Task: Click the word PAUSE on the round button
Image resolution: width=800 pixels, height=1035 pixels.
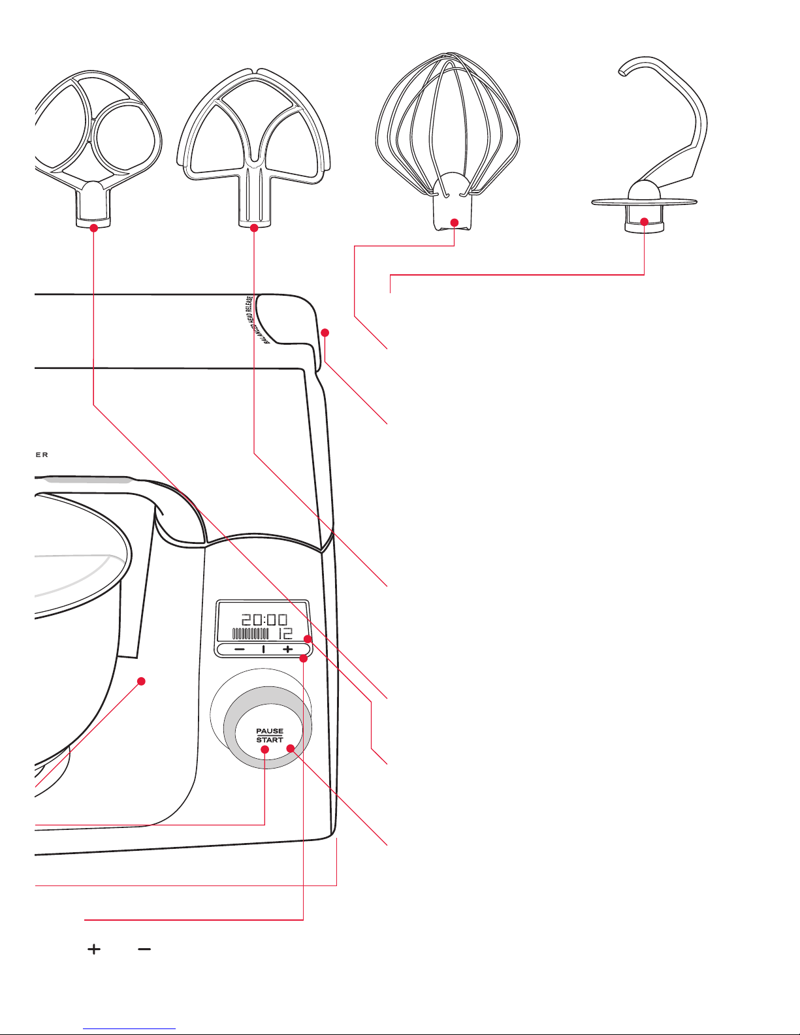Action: [270, 731]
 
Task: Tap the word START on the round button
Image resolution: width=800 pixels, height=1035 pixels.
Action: [270, 740]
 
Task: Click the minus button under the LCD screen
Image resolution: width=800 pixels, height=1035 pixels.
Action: [240, 650]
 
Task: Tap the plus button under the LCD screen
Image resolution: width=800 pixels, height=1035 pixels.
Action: [288, 650]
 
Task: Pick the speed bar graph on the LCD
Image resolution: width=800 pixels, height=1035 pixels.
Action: [251, 633]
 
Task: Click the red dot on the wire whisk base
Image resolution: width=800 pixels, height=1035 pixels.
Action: [455, 223]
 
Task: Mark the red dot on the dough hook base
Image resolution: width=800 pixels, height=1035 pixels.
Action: [645, 222]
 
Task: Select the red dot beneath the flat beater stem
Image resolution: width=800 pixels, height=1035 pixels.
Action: [254, 227]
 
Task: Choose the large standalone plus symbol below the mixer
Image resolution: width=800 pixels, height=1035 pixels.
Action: [95, 949]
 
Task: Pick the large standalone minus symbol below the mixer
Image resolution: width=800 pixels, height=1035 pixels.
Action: [144, 949]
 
